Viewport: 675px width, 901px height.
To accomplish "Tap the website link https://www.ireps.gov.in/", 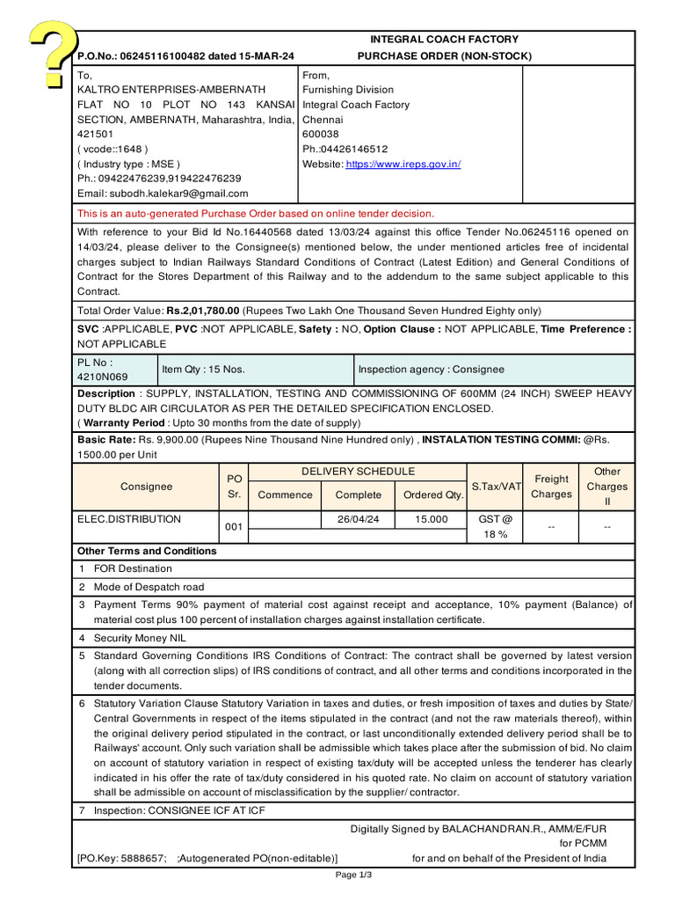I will [403, 165].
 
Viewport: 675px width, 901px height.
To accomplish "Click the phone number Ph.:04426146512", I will [345, 150].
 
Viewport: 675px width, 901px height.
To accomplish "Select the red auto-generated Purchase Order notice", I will [256, 213].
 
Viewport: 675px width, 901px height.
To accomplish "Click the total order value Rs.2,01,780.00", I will [203, 311].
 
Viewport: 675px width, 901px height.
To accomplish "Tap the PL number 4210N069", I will [103, 377].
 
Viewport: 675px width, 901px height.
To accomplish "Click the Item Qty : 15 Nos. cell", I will [203, 370].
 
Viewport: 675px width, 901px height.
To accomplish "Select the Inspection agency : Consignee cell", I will [431, 370].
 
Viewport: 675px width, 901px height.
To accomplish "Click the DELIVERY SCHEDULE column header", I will [358, 472].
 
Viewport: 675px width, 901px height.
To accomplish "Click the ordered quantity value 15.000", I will [431, 519].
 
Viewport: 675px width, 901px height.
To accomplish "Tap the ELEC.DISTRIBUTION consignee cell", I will [129, 519].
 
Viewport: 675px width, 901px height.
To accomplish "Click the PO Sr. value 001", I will [233, 527].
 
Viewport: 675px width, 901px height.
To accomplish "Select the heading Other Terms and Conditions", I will [147, 551].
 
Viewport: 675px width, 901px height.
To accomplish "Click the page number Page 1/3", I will [354, 875].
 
